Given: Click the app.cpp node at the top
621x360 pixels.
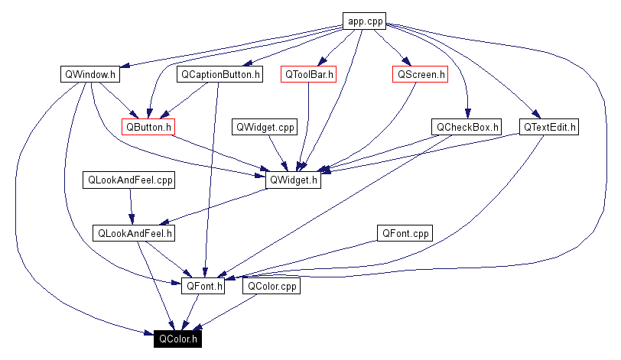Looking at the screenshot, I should point(365,21).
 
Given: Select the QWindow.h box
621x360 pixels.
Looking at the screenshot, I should point(90,75).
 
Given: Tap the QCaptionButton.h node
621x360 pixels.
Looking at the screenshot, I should point(219,75).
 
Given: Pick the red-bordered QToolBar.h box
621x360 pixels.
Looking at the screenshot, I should point(309,75).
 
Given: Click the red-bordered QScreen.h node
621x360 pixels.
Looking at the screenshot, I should point(419,75).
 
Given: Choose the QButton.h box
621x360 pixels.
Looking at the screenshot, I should point(148,127).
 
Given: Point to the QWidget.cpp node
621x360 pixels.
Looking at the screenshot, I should point(265,127).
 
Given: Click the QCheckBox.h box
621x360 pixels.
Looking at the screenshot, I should point(467,127).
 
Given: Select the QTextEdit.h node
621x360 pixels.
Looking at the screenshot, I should point(549,127).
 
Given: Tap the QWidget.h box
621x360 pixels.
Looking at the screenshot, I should point(293,180).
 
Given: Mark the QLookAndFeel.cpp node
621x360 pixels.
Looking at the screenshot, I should point(130,180).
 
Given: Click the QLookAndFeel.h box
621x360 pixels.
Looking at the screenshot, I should point(134,233).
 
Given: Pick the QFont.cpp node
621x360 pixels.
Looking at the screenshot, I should point(405,233).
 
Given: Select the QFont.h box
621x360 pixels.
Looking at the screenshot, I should point(203,287).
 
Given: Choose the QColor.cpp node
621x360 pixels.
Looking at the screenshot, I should point(271,287).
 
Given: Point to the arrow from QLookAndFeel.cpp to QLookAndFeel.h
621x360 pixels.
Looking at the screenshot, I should point(132,206).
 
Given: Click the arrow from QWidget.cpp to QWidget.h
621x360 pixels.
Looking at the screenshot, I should point(278,153).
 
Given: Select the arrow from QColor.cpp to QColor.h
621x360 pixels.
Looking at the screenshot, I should point(229,311).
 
